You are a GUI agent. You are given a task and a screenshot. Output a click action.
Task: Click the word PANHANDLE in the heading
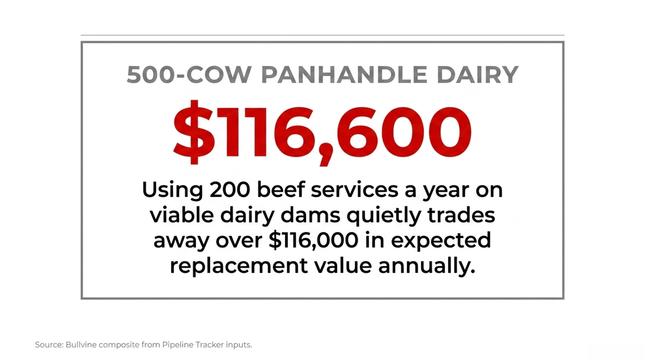click(x=344, y=75)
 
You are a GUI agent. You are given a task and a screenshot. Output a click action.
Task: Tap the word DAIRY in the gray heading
click(x=478, y=75)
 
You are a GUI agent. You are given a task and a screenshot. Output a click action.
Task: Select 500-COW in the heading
click(x=189, y=75)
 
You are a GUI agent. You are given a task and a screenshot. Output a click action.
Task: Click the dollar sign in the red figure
click(x=194, y=132)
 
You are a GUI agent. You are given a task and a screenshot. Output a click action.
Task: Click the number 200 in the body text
click(x=230, y=190)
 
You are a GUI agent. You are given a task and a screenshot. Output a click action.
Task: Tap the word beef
click(x=281, y=190)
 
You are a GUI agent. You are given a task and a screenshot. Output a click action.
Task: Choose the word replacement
click(x=239, y=267)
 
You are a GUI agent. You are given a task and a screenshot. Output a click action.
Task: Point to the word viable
click(x=182, y=215)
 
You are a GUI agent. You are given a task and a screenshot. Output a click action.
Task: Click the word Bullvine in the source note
click(x=81, y=345)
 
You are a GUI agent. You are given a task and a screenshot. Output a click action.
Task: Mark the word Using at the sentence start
click(x=173, y=190)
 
